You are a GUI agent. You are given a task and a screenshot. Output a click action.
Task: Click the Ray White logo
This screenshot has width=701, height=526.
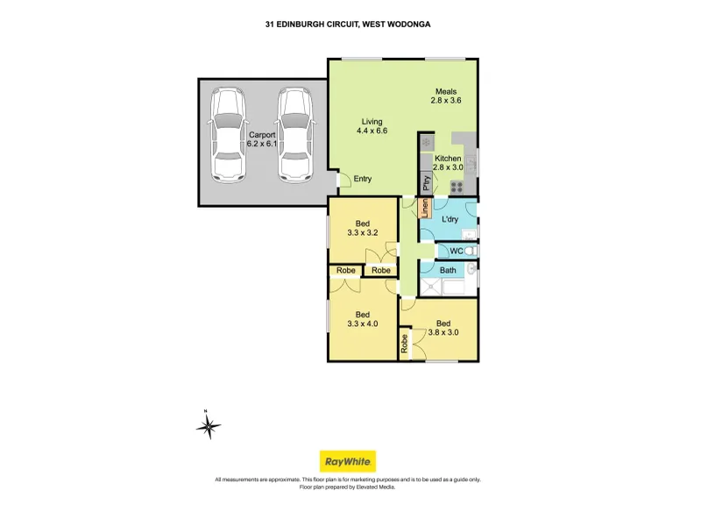pyautogui.click(x=347, y=461)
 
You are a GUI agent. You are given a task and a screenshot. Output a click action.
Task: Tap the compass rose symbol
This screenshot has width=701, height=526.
pyautogui.click(x=209, y=426)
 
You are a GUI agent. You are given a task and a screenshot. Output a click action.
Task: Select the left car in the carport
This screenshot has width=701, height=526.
pyautogui.click(x=228, y=135)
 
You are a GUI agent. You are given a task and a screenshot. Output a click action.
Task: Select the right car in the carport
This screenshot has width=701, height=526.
pyautogui.click(x=294, y=135)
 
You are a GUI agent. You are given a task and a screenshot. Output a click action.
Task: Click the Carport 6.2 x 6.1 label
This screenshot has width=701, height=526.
pyautogui.click(x=262, y=139)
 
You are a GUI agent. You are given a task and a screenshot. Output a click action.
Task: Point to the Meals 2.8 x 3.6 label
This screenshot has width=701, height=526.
pyautogui.click(x=446, y=96)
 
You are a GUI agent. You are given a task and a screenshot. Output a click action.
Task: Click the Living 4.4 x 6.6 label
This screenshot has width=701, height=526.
pyautogui.click(x=372, y=126)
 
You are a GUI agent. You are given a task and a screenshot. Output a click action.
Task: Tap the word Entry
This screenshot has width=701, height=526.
pyautogui.click(x=363, y=179)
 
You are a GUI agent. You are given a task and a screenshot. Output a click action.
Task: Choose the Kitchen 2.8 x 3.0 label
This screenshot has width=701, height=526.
pyautogui.click(x=448, y=163)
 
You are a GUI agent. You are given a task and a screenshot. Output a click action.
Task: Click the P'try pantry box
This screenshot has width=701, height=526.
pyautogui.click(x=426, y=183)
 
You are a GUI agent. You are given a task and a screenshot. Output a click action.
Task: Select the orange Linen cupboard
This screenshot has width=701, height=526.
pyautogui.click(x=425, y=208)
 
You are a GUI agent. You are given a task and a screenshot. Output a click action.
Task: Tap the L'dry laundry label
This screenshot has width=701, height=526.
pyautogui.click(x=450, y=219)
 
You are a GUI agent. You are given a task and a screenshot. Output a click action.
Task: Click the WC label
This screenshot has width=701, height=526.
pyautogui.click(x=456, y=251)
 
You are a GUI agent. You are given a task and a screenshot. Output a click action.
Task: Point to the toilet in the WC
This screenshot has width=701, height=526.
pyautogui.click(x=471, y=251)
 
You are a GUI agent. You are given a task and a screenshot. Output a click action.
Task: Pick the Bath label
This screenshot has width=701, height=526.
pyautogui.click(x=448, y=270)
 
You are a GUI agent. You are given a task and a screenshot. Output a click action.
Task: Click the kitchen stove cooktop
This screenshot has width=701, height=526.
pyautogui.click(x=457, y=187)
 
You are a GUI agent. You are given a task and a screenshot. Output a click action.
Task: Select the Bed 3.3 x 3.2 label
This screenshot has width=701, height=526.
pyautogui.click(x=363, y=228)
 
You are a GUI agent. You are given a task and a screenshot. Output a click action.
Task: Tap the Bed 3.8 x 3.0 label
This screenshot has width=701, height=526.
pyautogui.click(x=443, y=328)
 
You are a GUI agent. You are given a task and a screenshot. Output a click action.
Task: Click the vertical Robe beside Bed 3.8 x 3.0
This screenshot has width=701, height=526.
pyautogui.click(x=405, y=344)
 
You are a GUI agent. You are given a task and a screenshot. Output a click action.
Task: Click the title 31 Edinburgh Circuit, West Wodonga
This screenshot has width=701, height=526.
pyautogui.click(x=348, y=25)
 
